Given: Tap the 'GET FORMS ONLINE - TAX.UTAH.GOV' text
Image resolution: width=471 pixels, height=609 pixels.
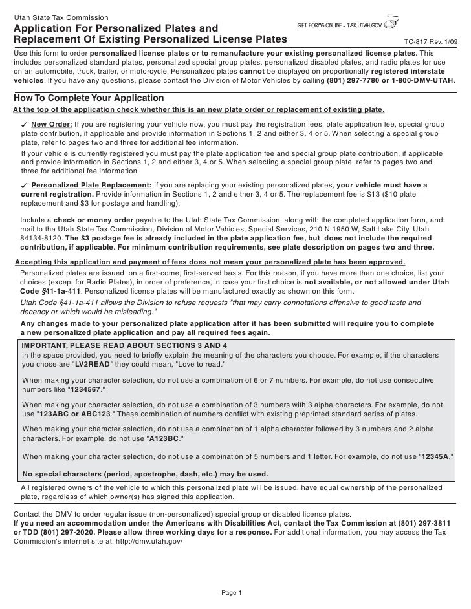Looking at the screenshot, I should (x=339, y=25).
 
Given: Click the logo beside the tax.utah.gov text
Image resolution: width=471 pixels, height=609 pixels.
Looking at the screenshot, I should (x=390, y=24).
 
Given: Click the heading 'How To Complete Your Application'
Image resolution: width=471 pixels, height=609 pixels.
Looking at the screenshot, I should (x=89, y=98).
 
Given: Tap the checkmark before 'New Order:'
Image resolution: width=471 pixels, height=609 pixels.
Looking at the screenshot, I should (x=24, y=124).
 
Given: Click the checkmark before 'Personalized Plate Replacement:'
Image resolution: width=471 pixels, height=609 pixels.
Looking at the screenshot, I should (x=24, y=185).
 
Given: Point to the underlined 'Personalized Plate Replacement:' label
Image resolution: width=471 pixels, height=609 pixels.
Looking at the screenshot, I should (x=92, y=185).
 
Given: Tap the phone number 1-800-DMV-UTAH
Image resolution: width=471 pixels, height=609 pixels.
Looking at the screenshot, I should (x=421, y=84).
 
